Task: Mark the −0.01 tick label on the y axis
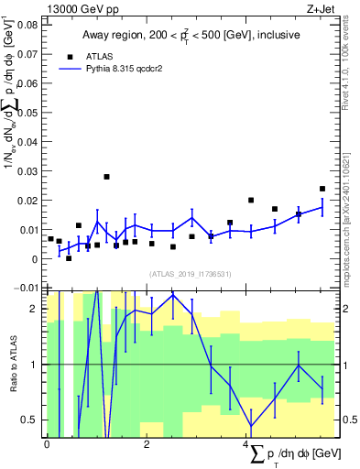[x=27, y=288]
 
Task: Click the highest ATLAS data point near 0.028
[x=107, y=177]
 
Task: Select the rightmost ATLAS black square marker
[x=322, y=190]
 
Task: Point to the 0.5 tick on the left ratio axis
[x=29, y=420]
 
